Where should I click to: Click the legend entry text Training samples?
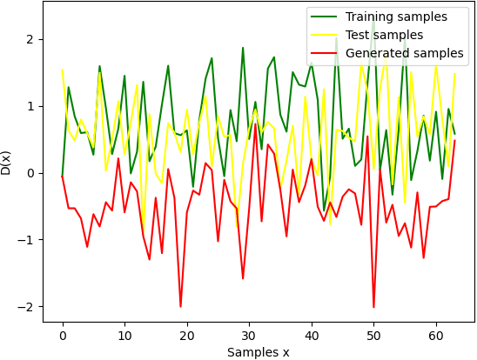[x=396, y=17]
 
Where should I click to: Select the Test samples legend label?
[x=384, y=35]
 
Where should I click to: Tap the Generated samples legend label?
[x=404, y=53]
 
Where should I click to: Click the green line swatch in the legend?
[x=326, y=17]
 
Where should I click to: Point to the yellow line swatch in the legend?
[x=326, y=35]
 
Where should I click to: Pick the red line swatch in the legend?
[x=326, y=53]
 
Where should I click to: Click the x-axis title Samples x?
[x=258, y=352]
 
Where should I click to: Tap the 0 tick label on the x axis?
[x=63, y=335]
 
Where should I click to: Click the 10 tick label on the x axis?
[x=124, y=335]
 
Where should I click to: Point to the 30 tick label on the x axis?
[x=249, y=335]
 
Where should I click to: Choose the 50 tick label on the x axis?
[x=373, y=335]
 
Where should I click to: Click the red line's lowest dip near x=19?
[x=181, y=306]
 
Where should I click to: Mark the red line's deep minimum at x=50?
[x=373, y=307]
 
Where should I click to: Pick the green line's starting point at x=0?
[x=63, y=174]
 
